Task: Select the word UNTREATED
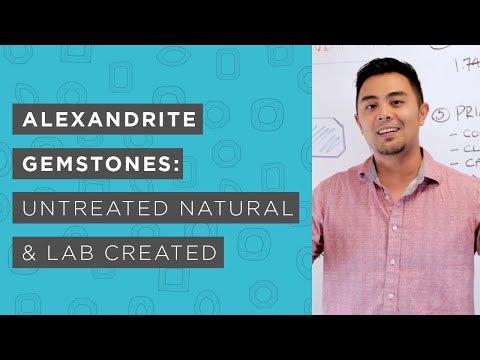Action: tap(95, 210)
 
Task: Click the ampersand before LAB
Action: tap(31, 252)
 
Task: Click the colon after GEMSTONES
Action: tap(176, 165)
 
